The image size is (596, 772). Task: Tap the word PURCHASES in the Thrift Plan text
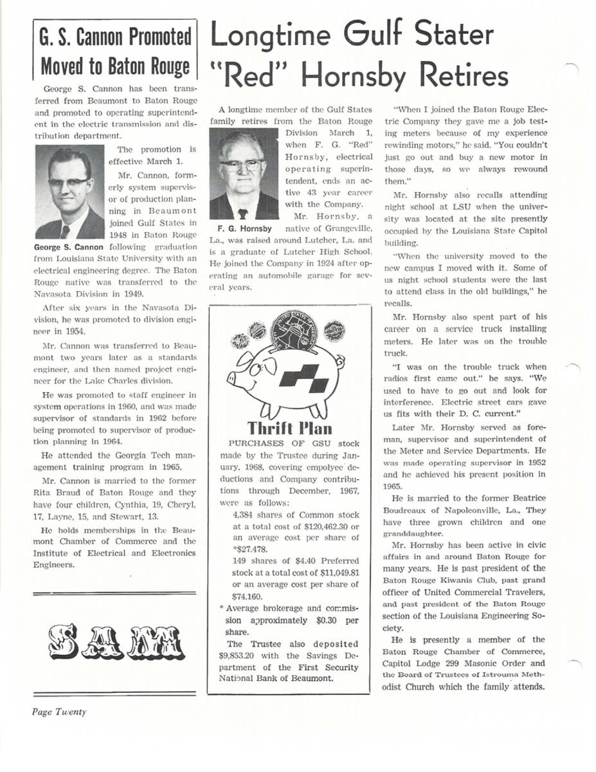point(255,444)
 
